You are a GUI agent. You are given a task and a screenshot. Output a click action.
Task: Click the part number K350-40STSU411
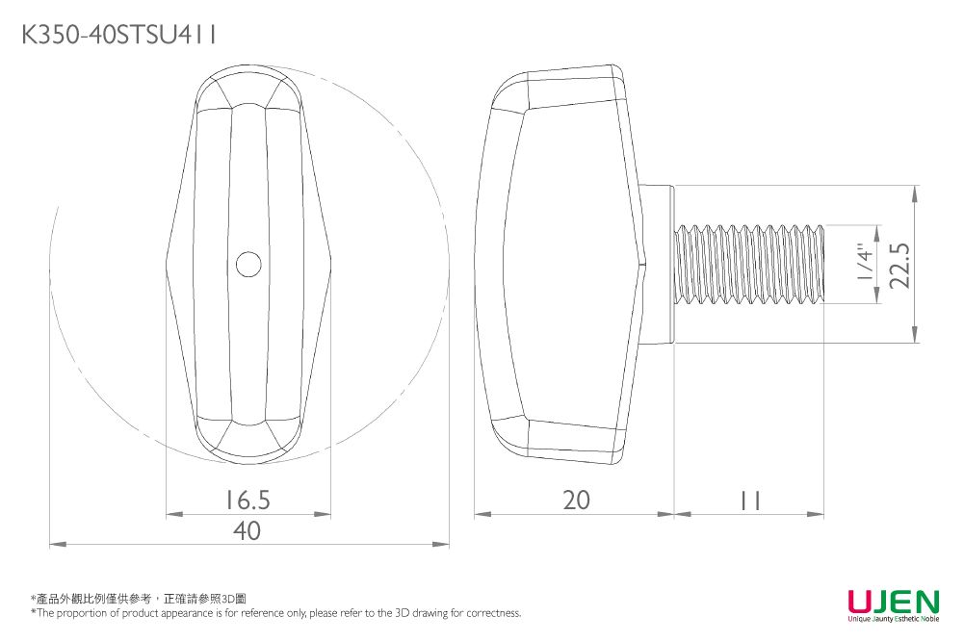(118, 35)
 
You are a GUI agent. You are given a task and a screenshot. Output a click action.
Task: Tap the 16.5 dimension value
(248, 501)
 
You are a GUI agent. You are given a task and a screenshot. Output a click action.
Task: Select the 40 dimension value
(247, 530)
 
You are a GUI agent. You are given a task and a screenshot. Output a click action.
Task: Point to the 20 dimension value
(577, 501)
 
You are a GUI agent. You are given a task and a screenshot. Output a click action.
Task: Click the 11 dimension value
(750, 501)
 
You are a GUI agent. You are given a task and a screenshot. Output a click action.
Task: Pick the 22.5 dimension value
(899, 265)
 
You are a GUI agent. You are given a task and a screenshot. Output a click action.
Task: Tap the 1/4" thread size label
(865, 264)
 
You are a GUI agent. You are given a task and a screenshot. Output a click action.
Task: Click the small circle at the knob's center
(248, 265)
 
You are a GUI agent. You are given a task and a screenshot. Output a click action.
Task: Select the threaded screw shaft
(749, 264)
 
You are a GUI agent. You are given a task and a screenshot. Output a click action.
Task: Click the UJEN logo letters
(894, 601)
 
